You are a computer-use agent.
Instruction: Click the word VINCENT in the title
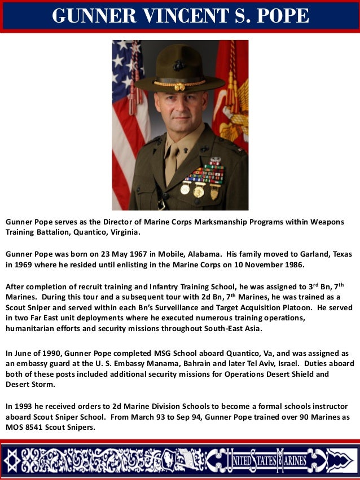click(x=181, y=16)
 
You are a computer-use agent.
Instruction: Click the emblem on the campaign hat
click(x=179, y=65)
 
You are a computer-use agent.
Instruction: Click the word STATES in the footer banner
click(x=260, y=461)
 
